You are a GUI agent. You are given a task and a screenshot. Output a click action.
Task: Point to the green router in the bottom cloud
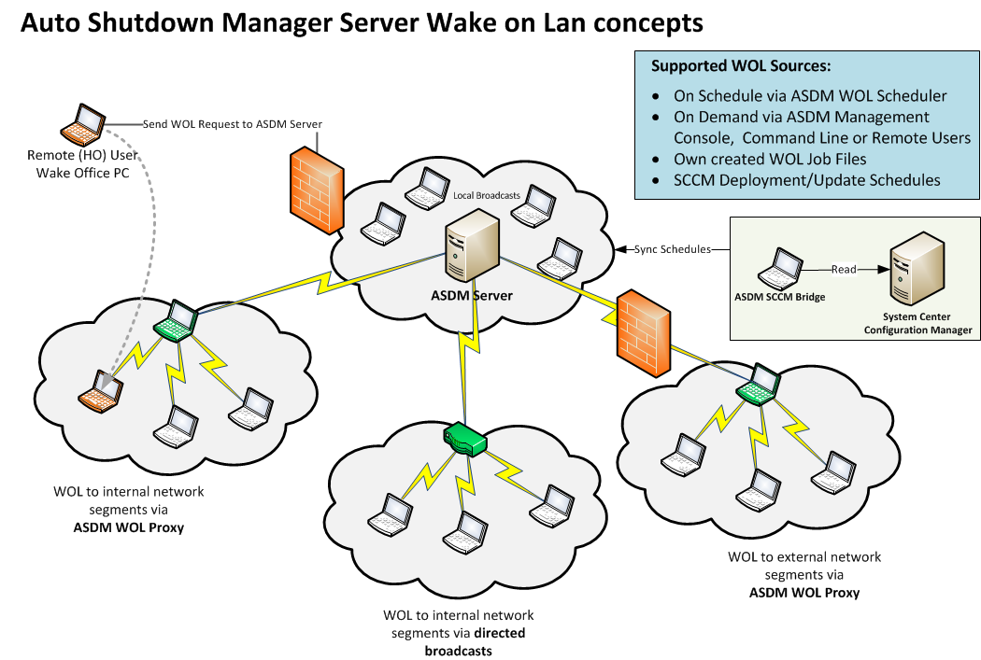pyautogui.click(x=465, y=438)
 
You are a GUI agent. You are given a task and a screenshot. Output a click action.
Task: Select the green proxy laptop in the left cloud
pyautogui.click(x=176, y=321)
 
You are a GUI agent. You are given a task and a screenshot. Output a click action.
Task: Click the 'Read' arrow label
pyautogui.click(x=845, y=269)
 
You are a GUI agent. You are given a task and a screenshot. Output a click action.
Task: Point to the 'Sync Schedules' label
pyautogui.click(x=673, y=249)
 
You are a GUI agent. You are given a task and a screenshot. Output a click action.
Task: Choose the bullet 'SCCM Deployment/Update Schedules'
pyautogui.click(x=806, y=180)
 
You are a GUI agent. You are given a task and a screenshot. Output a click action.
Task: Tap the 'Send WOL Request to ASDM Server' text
pyautogui.click(x=233, y=123)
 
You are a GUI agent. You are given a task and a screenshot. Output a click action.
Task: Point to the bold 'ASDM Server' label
pyautogui.click(x=473, y=296)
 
